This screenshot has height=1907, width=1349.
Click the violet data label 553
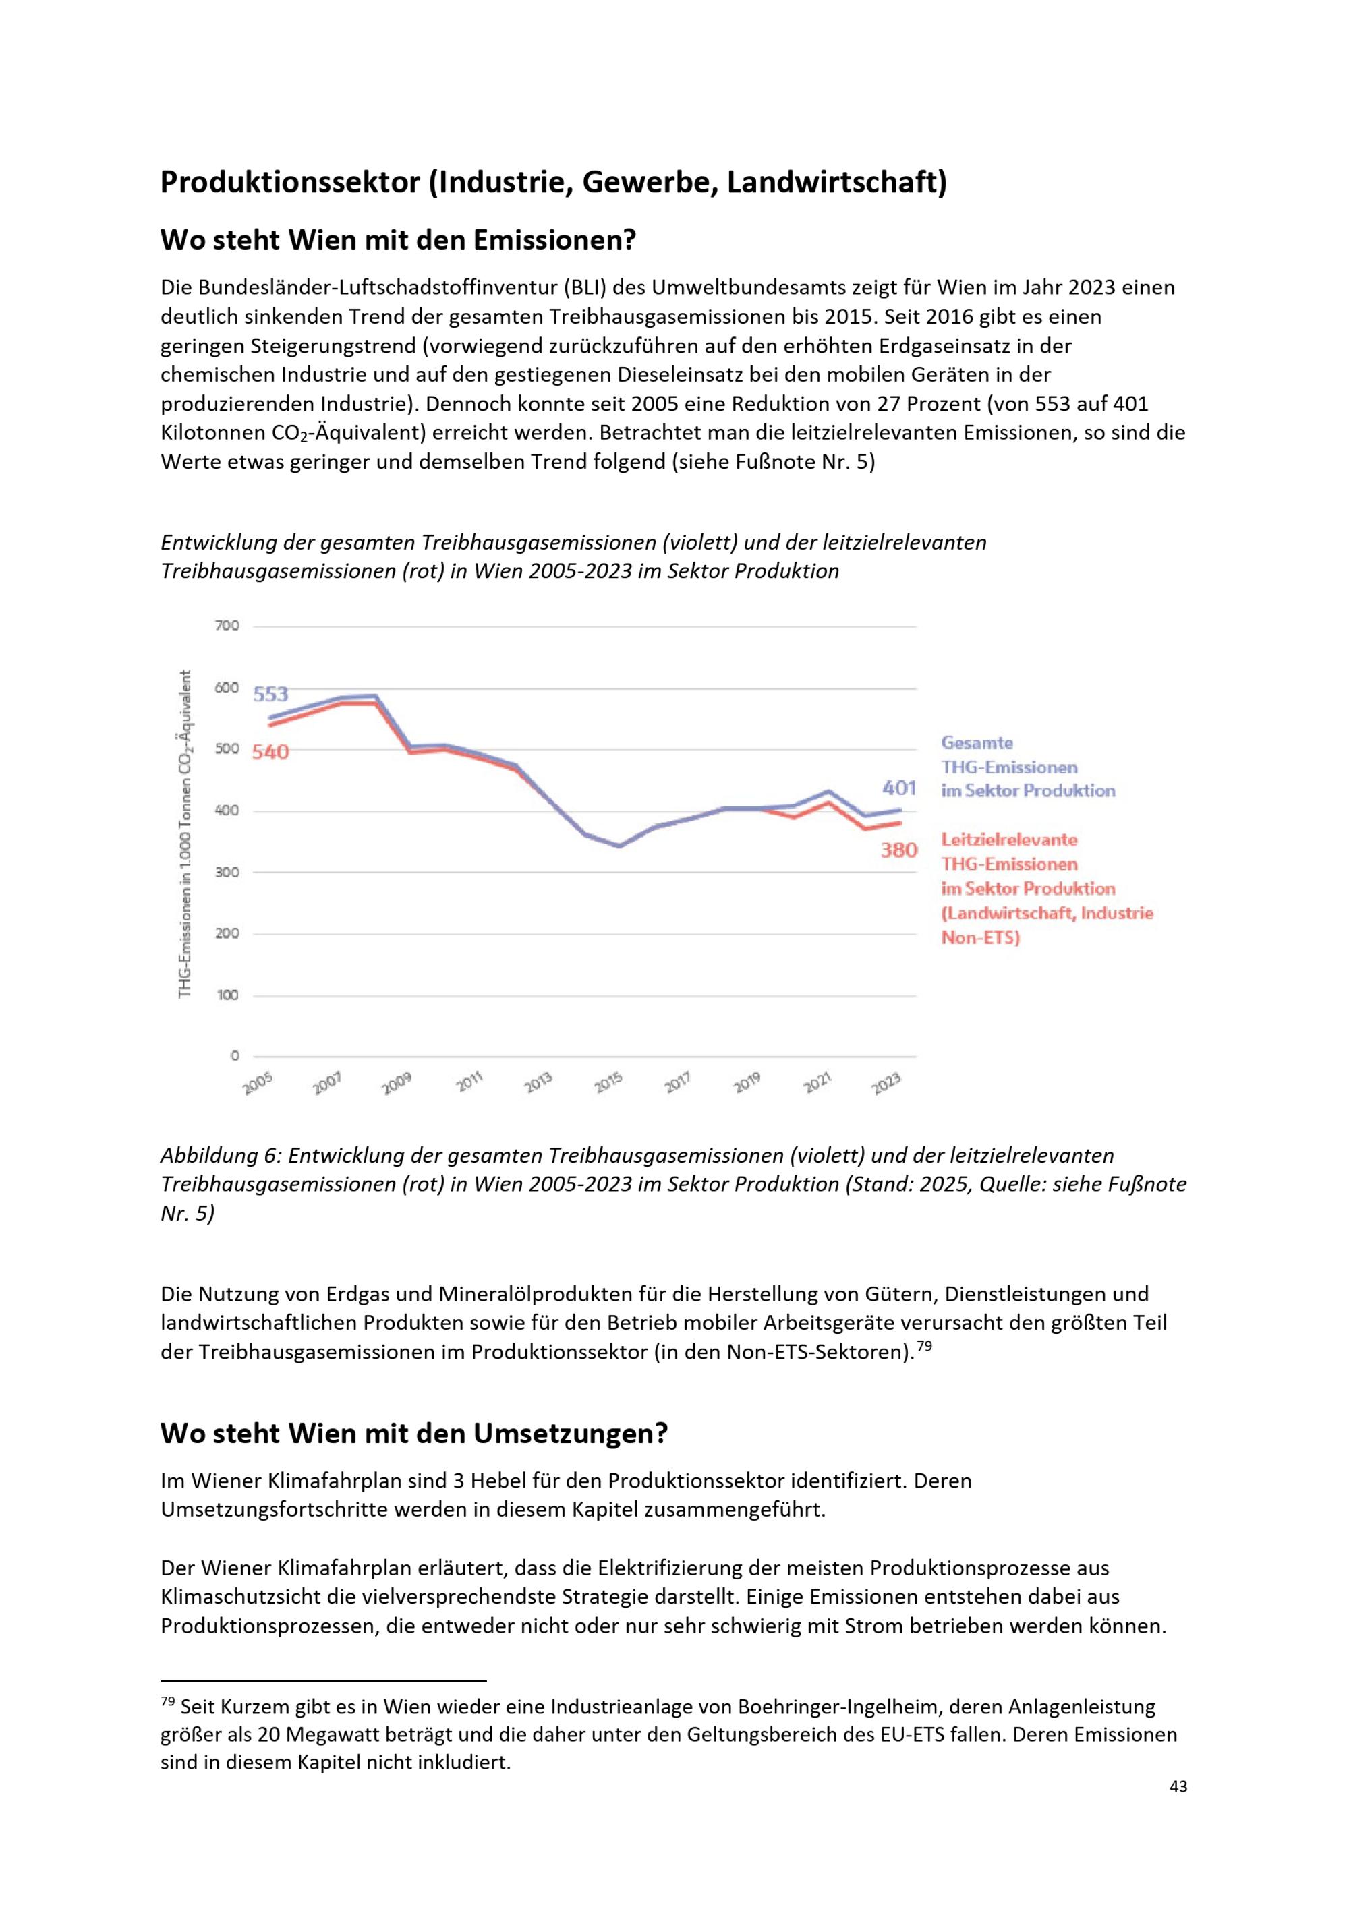point(270,695)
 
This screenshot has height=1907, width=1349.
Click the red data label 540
point(270,752)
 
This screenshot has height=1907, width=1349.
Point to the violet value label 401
point(899,788)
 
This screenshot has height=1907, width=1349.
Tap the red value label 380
point(899,850)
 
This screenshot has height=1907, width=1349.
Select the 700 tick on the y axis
point(227,626)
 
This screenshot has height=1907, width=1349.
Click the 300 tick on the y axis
point(227,872)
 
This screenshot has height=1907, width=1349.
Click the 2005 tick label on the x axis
point(258,1083)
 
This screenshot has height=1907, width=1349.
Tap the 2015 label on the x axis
point(609,1083)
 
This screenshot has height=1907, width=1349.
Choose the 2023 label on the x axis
point(887,1083)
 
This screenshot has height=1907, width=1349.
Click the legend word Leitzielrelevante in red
point(1008,839)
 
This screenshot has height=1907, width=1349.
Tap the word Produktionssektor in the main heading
point(291,182)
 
